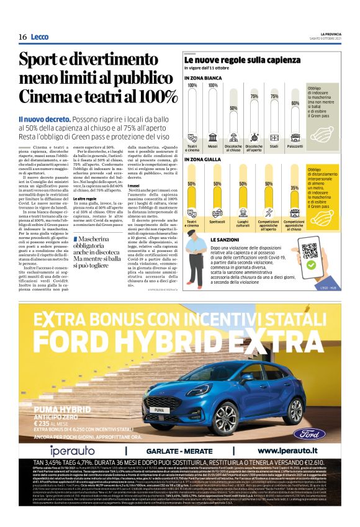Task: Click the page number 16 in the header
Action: point(22,37)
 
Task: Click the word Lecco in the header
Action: point(40,37)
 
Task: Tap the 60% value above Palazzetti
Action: point(295,104)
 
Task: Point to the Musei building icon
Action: point(213,137)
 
